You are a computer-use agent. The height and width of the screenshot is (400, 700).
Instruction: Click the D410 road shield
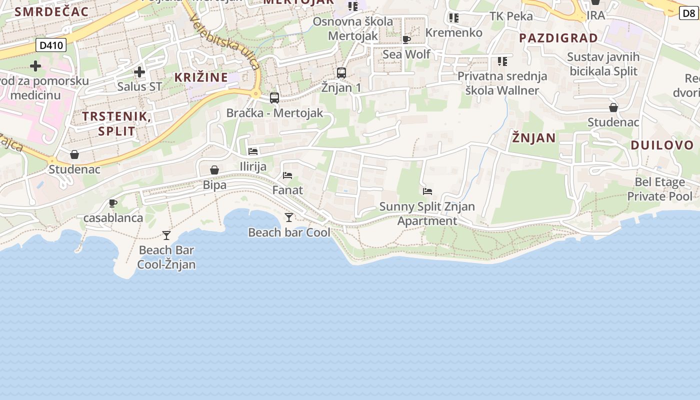[51, 45]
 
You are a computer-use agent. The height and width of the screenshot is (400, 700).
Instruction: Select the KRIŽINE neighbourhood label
[201, 77]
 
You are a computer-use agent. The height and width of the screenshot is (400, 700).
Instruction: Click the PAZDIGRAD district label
[558, 38]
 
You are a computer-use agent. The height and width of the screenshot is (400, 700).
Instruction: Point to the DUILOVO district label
[662, 145]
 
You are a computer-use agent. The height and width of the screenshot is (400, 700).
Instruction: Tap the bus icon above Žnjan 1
[341, 73]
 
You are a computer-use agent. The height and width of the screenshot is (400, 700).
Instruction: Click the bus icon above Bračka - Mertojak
[274, 98]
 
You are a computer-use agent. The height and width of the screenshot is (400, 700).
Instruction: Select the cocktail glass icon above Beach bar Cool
[289, 217]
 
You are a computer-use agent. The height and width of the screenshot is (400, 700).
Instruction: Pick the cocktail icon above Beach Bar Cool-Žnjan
[166, 235]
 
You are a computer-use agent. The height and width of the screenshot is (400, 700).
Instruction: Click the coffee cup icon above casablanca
[113, 203]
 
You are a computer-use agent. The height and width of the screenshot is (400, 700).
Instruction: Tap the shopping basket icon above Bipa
[214, 170]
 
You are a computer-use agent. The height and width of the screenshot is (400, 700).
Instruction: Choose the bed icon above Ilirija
[253, 151]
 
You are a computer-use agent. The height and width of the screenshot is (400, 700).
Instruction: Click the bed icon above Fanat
[287, 175]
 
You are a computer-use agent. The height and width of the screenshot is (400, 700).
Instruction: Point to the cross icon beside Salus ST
[139, 72]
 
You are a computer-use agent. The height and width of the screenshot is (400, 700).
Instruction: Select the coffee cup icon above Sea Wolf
[406, 39]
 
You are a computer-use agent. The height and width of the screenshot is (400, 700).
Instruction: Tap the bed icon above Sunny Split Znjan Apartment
[427, 191]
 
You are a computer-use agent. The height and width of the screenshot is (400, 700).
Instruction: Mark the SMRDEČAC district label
[52, 11]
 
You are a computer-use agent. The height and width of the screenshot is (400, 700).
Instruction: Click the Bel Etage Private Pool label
[660, 189]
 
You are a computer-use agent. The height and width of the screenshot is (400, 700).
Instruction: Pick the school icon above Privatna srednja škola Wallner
[502, 61]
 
